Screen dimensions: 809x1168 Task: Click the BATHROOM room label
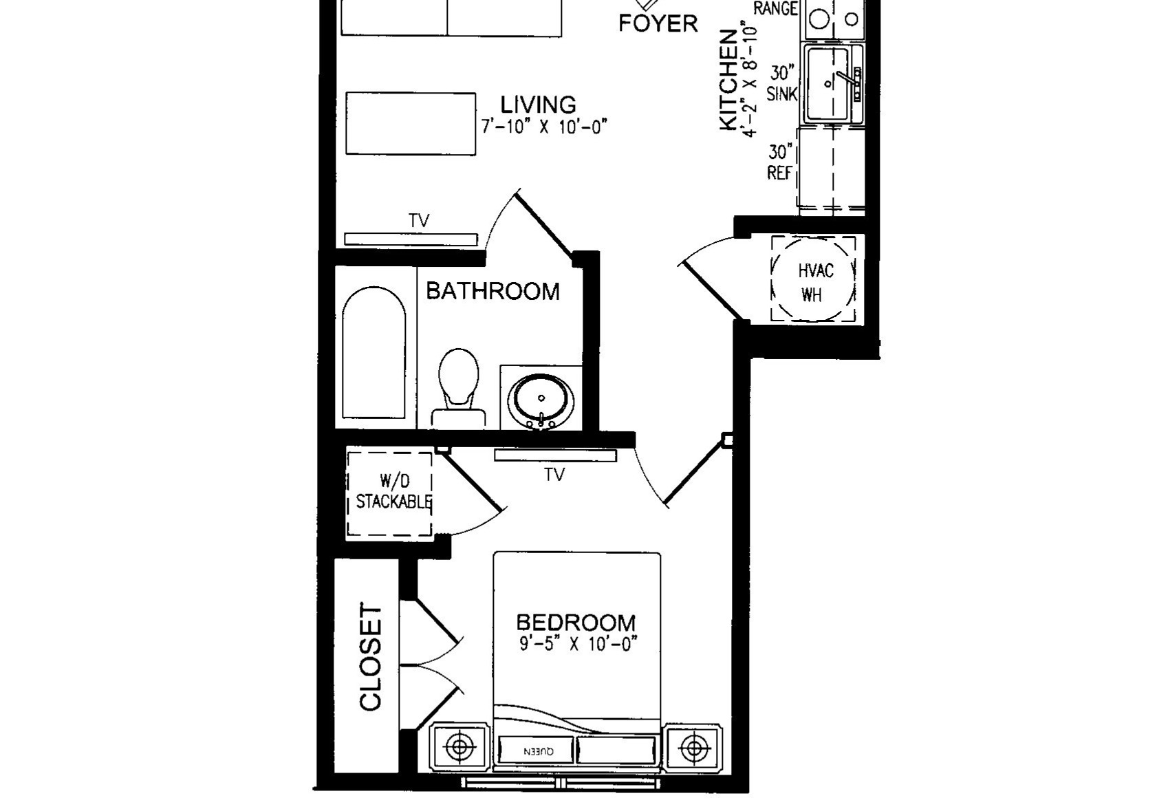(x=493, y=291)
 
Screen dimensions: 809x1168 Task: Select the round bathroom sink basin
(x=541, y=400)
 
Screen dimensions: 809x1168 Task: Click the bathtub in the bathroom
(x=374, y=354)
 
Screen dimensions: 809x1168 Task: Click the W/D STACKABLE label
(x=393, y=492)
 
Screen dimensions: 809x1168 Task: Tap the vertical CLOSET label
(x=370, y=657)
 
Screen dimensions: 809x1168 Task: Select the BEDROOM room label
(x=576, y=623)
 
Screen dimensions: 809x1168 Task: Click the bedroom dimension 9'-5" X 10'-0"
(x=578, y=645)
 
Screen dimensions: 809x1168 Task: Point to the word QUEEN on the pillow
(x=539, y=751)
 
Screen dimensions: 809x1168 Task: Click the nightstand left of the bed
(x=459, y=747)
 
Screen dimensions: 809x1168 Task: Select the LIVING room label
(x=538, y=105)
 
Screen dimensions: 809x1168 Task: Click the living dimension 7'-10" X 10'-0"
(x=545, y=127)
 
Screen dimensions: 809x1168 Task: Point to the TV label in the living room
(x=419, y=221)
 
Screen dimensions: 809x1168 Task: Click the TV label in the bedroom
(x=554, y=475)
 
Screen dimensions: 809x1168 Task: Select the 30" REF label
(x=780, y=162)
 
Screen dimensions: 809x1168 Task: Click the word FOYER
(x=658, y=23)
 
